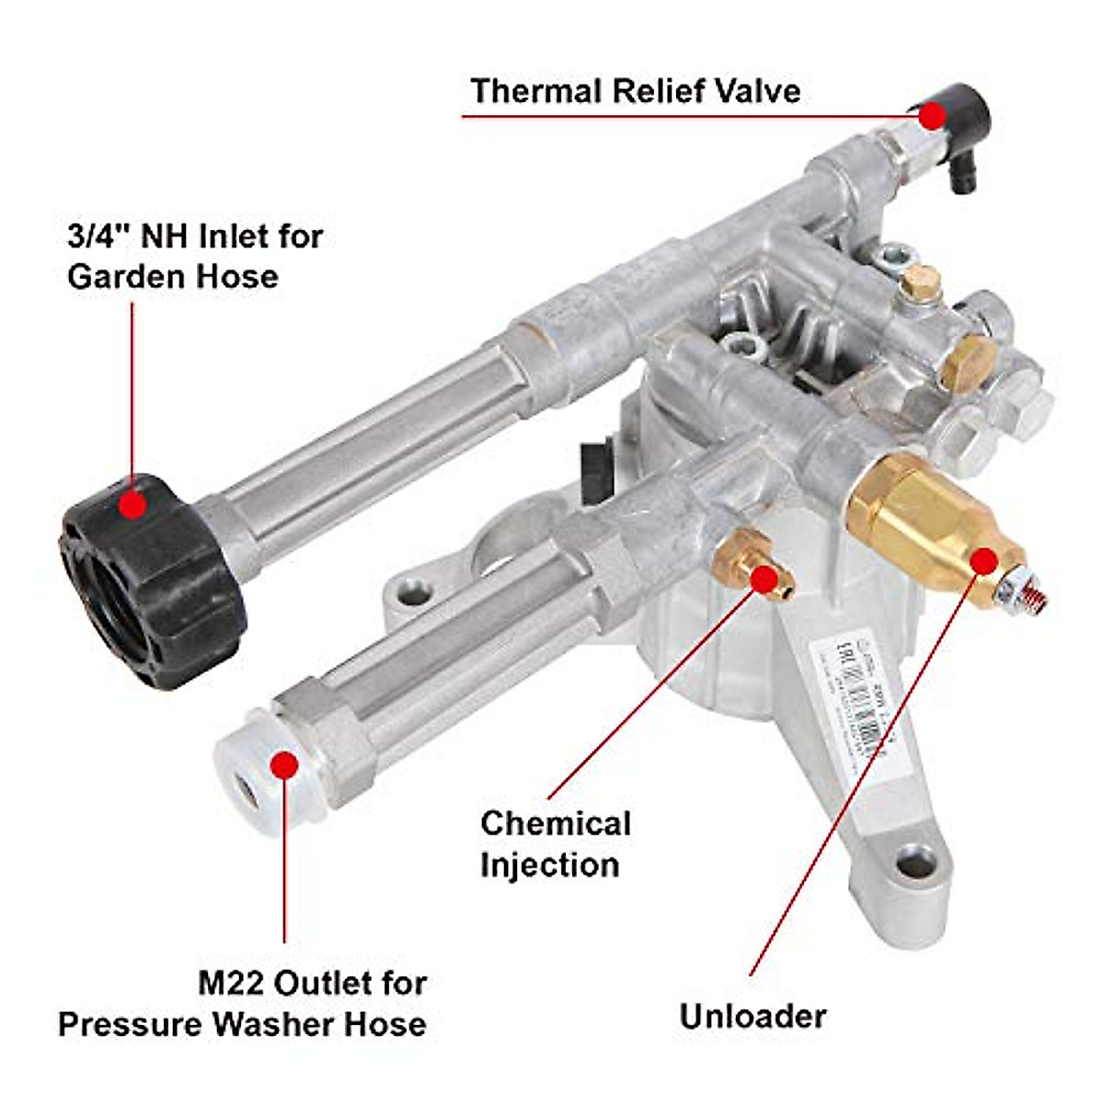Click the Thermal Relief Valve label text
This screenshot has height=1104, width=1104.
(x=635, y=91)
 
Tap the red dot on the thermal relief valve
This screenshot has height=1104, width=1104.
(x=932, y=116)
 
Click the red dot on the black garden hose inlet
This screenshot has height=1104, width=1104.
(x=134, y=503)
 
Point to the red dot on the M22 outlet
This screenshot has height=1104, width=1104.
(x=285, y=764)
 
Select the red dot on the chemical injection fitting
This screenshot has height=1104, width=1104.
(x=763, y=577)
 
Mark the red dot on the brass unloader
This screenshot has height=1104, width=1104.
(x=983, y=561)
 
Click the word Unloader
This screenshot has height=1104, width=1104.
(x=753, y=1016)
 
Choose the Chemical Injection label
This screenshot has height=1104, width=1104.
(x=555, y=844)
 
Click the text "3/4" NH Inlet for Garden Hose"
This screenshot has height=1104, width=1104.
(x=195, y=256)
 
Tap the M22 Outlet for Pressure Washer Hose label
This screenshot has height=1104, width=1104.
(x=243, y=1003)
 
